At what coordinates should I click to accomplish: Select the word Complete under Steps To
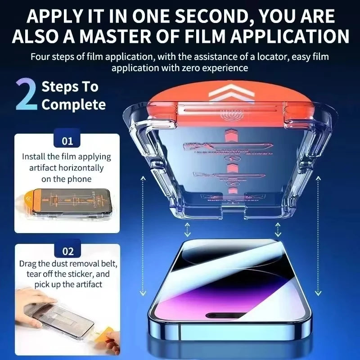[73, 105]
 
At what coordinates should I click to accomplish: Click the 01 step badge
[67, 141]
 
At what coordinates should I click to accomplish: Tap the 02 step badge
[67, 251]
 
